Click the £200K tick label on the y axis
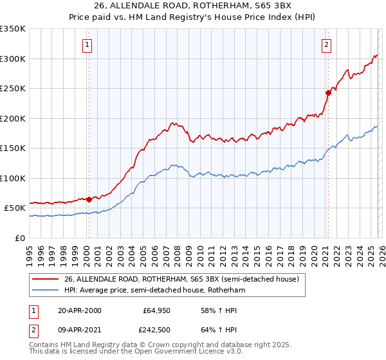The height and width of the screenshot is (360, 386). tap(13, 118)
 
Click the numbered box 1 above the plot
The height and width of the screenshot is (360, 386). tap(87, 44)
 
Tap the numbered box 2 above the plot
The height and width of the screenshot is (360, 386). tap(327, 44)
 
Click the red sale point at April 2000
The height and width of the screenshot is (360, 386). tap(89, 199)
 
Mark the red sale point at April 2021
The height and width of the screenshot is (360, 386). tap(327, 93)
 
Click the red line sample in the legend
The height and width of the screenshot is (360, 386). tap(46, 280)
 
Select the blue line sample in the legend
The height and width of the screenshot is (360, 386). tap(46, 291)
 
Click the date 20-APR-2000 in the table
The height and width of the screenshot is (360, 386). tap(79, 310)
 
